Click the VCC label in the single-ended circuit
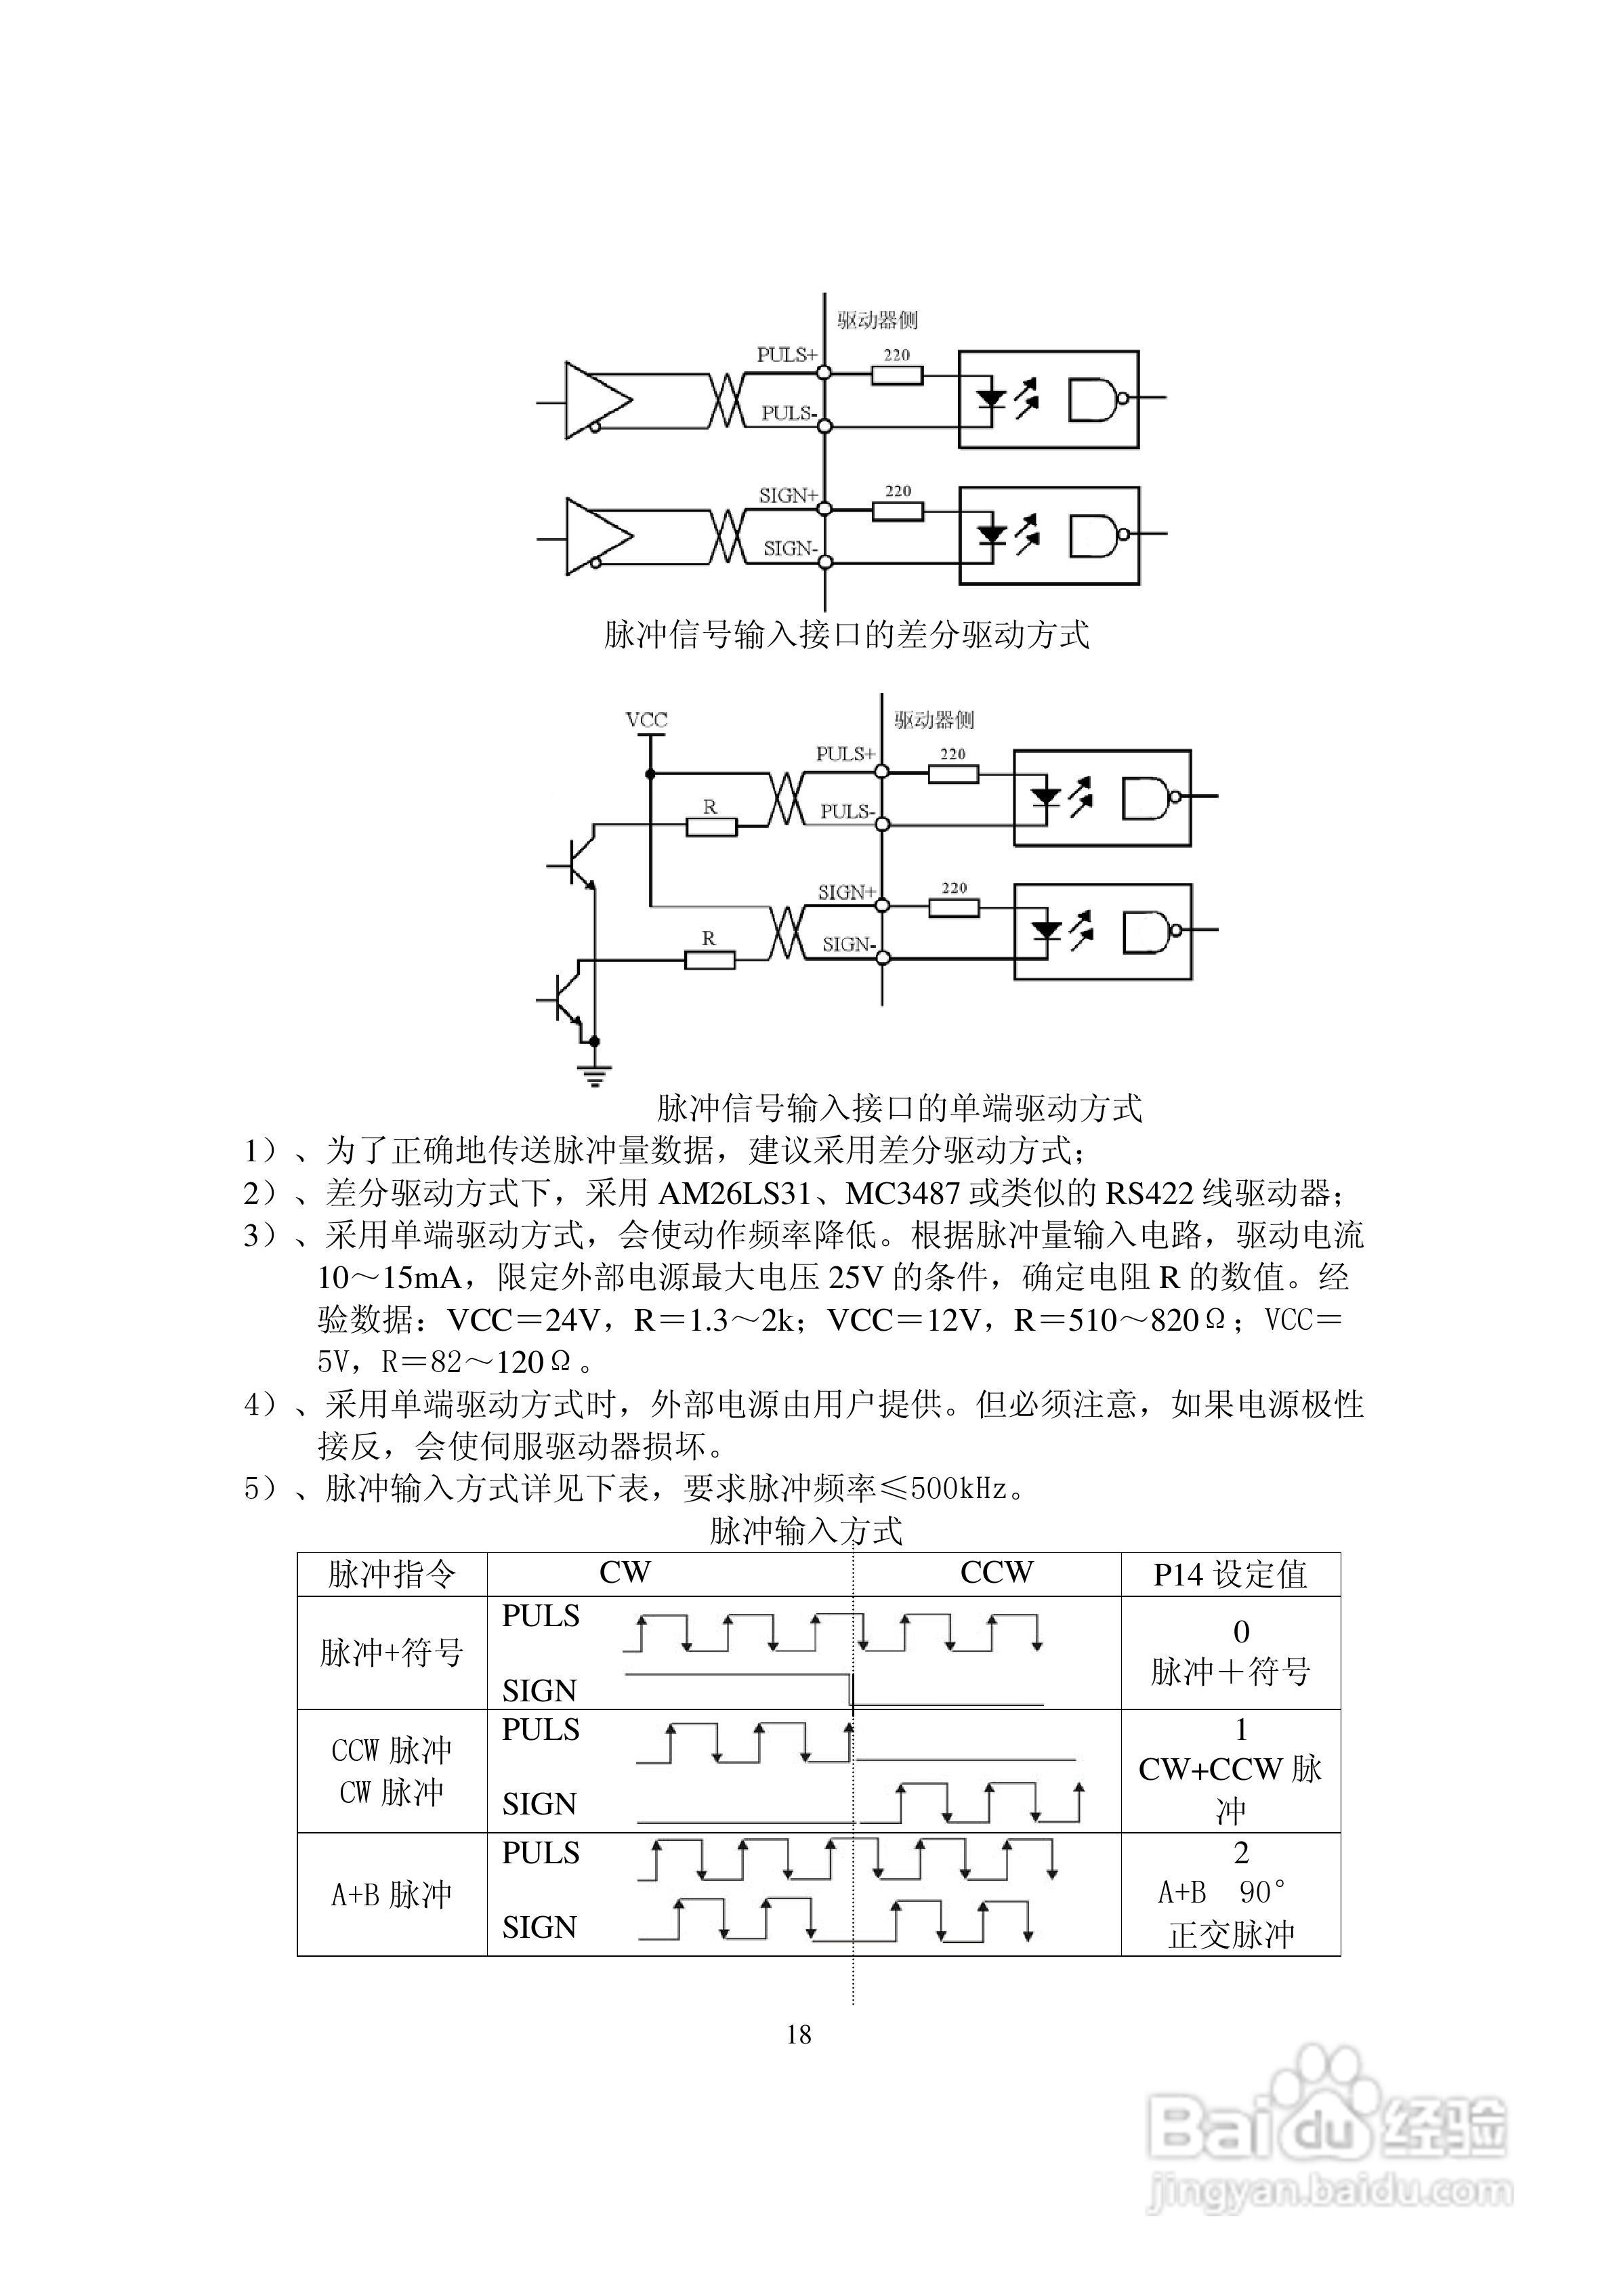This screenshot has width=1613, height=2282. [646, 719]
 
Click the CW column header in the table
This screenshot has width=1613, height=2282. [625, 1573]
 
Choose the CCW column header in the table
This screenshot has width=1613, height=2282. [996, 1573]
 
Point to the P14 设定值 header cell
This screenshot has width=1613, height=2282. [1230, 1573]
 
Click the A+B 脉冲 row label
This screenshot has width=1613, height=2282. [392, 1894]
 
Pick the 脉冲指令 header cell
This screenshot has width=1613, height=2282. [392, 1573]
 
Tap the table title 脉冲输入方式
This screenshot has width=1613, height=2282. [806, 1531]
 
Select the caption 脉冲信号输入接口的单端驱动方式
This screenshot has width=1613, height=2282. [900, 1107]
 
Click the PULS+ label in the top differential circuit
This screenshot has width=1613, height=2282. [786, 355]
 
